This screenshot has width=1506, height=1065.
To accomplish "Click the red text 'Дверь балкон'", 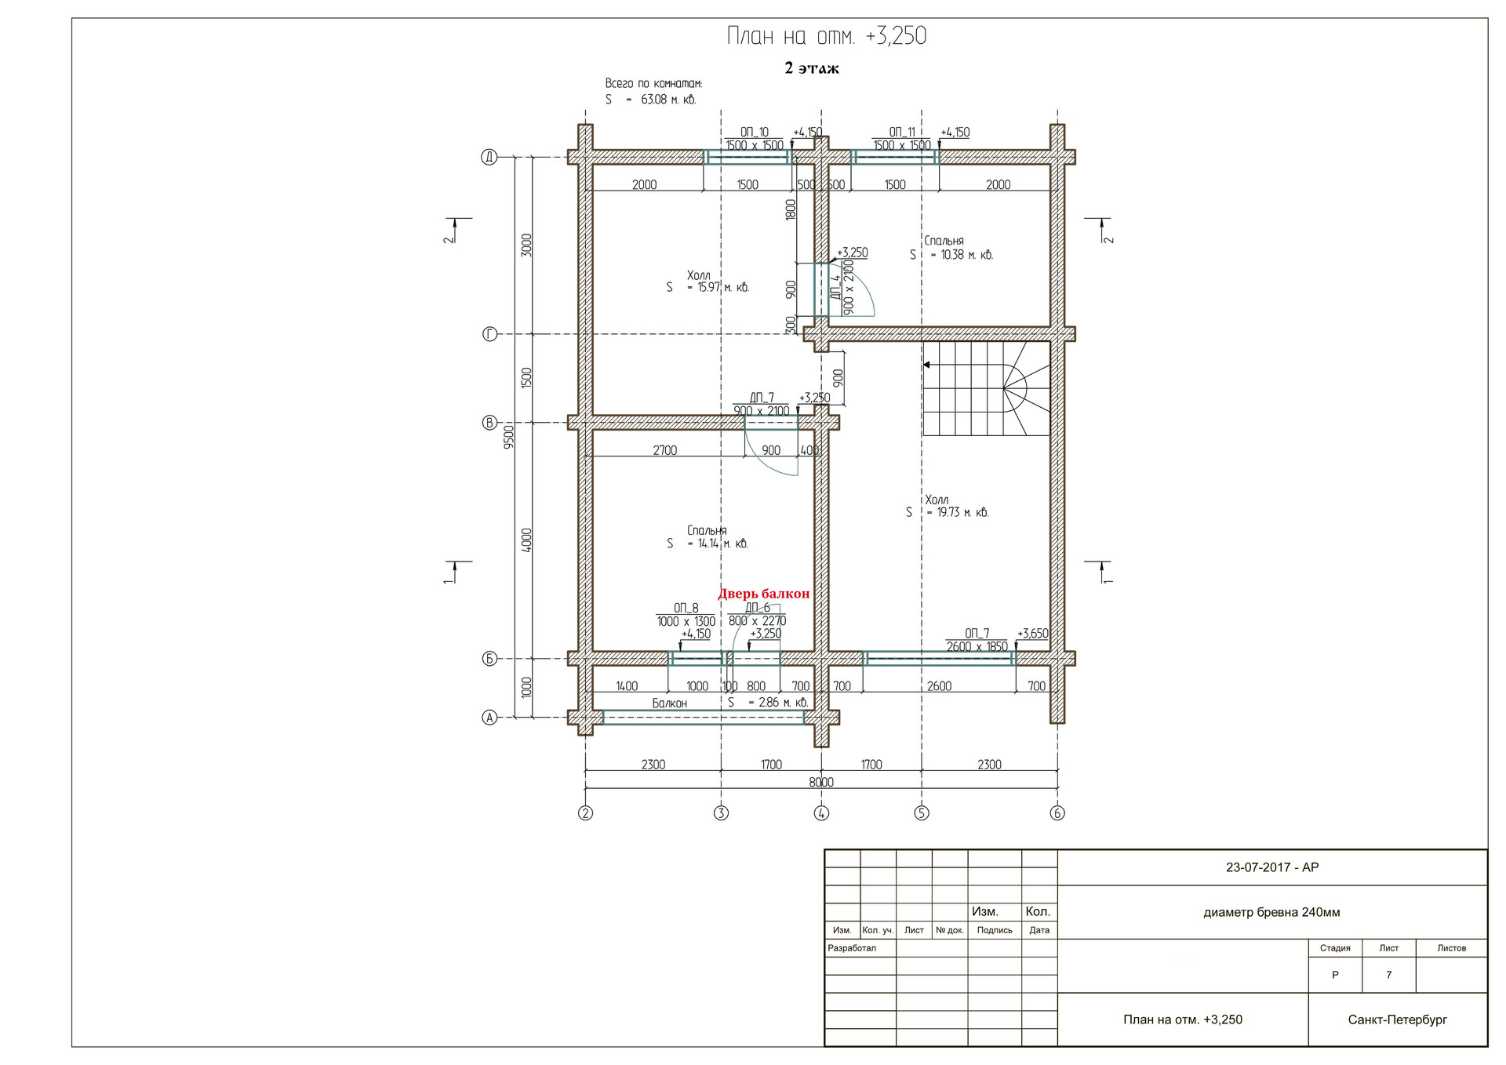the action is pos(763,594).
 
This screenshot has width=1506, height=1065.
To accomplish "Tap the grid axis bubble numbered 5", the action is pos(922,813).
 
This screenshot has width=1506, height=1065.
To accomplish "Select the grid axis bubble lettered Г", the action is pos(489,335).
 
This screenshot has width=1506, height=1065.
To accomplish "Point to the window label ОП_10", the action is pos(755,133).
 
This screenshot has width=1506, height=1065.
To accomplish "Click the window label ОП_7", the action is pos(977,633).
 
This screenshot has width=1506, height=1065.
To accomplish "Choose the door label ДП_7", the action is pos(762,398).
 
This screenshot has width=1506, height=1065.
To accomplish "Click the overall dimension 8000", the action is pos(821,782).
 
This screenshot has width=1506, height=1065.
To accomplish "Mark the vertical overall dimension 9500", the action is pos(509,435).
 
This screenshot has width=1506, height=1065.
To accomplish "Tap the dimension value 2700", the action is pos(665,450).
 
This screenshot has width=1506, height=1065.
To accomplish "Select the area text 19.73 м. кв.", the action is pos(963,513).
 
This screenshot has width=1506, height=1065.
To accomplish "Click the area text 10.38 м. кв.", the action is pos(967,255).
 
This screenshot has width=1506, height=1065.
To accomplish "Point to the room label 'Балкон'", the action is pos(670,703).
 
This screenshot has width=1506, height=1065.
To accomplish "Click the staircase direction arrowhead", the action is pos(927,365).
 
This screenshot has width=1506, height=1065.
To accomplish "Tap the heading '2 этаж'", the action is pos(812,68).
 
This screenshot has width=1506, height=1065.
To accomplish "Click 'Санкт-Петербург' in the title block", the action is pos(1398,1020).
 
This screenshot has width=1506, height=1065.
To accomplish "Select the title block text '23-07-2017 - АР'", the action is pos(1272,867).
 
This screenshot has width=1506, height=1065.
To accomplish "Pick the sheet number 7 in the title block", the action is pos(1388,975).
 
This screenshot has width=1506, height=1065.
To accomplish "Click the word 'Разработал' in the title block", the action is pos(852,948).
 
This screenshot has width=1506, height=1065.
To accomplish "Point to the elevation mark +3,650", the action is pos(1033,634).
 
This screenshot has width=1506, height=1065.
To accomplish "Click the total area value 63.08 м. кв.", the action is pos(668,100).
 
